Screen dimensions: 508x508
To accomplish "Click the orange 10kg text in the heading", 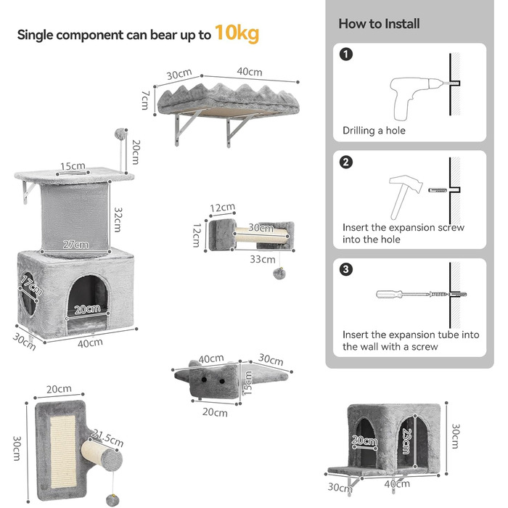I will pyautogui.click(x=237, y=33).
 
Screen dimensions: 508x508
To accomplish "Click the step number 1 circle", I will pyautogui.click(x=347, y=54).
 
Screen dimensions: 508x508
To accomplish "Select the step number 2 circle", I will pyautogui.click(x=347, y=161).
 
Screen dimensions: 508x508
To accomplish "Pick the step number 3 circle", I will pyautogui.click(x=347, y=269).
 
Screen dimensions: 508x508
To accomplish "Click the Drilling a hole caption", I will pyautogui.click(x=374, y=131).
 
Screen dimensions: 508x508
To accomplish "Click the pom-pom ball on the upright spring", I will pyautogui.click(x=119, y=134).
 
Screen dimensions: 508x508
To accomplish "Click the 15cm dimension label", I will pyautogui.click(x=70, y=166).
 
